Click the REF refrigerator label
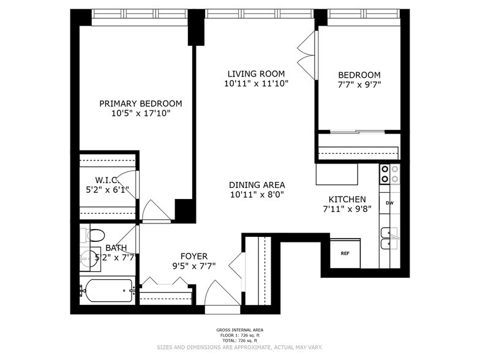(345, 253)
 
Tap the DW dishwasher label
(389, 203)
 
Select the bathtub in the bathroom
(108, 290)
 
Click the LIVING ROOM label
(256, 73)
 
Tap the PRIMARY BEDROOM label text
(141, 104)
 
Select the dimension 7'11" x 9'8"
(347, 209)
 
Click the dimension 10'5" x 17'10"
(141, 114)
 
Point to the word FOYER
(194, 256)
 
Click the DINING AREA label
(257, 185)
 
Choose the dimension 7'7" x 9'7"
(359, 84)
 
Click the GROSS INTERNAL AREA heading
(240, 330)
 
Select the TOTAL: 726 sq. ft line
(240, 340)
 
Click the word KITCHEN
(347, 200)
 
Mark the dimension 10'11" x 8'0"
(257, 195)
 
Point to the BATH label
(116, 247)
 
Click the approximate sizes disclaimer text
(240, 347)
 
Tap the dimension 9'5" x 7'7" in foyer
(194, 266)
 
